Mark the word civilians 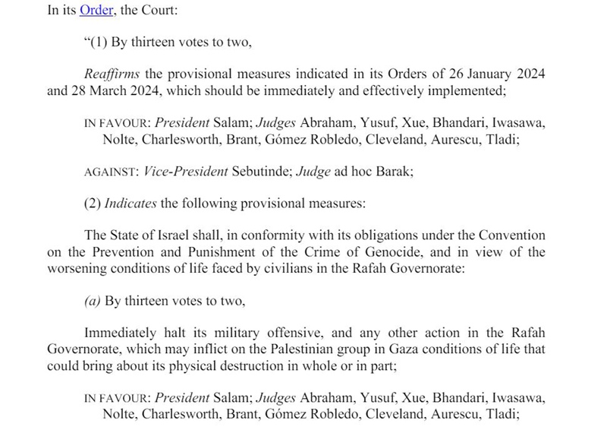coord(264,269)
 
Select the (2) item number coord(93,204)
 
